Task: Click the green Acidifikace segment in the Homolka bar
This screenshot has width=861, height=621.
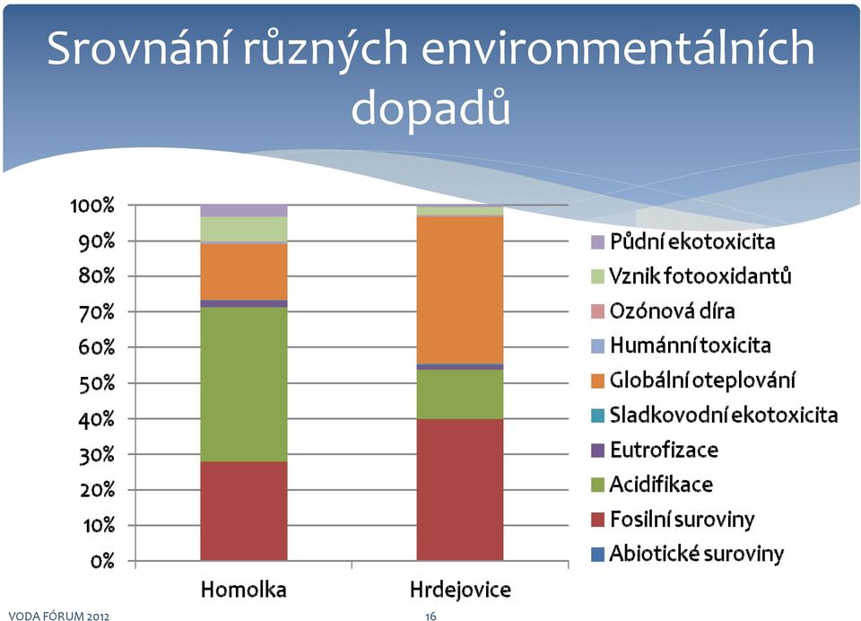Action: click(244, 384)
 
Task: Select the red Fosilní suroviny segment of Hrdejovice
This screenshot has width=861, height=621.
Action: click(460, 490)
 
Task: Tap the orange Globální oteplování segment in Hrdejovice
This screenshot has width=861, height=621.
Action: click(460, 290)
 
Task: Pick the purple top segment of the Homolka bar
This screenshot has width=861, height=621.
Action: click(244, 211)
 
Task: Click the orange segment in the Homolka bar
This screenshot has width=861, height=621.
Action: click(244, 272)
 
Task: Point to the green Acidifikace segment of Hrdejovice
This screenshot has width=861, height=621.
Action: click(460, 394)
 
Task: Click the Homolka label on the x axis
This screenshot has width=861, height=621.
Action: click(244, 590)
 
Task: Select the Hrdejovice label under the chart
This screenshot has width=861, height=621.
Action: click(460, 590)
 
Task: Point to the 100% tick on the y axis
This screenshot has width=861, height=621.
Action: click(92, 206)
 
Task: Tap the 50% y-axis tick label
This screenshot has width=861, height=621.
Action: click(97, 383)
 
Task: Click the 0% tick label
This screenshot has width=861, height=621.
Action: click(102, 561)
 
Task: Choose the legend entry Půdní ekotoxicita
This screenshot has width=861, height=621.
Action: click(683, 241)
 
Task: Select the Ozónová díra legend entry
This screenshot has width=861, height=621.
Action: click(663, 311)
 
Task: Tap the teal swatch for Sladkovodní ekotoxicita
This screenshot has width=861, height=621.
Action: click(597, 415)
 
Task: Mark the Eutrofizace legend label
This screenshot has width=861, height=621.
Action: click(664, 450)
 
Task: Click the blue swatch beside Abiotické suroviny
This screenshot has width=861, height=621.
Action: click(597, 554)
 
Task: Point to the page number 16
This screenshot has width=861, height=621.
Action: click(430, 616)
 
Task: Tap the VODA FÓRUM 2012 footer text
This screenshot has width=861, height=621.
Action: click(59, 616)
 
